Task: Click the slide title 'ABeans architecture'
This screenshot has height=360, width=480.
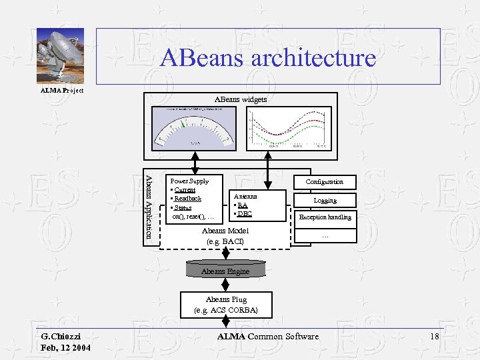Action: [268, 57]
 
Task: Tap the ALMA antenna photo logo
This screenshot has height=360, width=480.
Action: [60, 57]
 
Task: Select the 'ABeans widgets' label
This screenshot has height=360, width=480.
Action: [240, 99]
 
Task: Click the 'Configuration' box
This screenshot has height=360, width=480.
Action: [325, 182]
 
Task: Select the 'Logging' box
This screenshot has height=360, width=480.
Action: [325, 200]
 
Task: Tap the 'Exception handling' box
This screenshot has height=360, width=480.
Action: [325, 217]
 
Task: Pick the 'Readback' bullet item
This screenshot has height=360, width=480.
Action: [187, 199]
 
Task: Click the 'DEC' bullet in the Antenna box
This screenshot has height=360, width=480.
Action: [244, 214]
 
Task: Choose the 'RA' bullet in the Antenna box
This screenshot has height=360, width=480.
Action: [243, 205]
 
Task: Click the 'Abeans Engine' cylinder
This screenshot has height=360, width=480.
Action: [225, 270]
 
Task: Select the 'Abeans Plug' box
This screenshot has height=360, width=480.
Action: [225, 305]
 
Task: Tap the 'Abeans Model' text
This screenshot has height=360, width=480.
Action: [225, 231]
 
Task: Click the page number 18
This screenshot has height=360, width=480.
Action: [435, 337]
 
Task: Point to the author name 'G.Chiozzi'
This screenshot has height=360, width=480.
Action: [61, 337]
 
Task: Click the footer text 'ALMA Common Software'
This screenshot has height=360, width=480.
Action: [268, 337]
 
